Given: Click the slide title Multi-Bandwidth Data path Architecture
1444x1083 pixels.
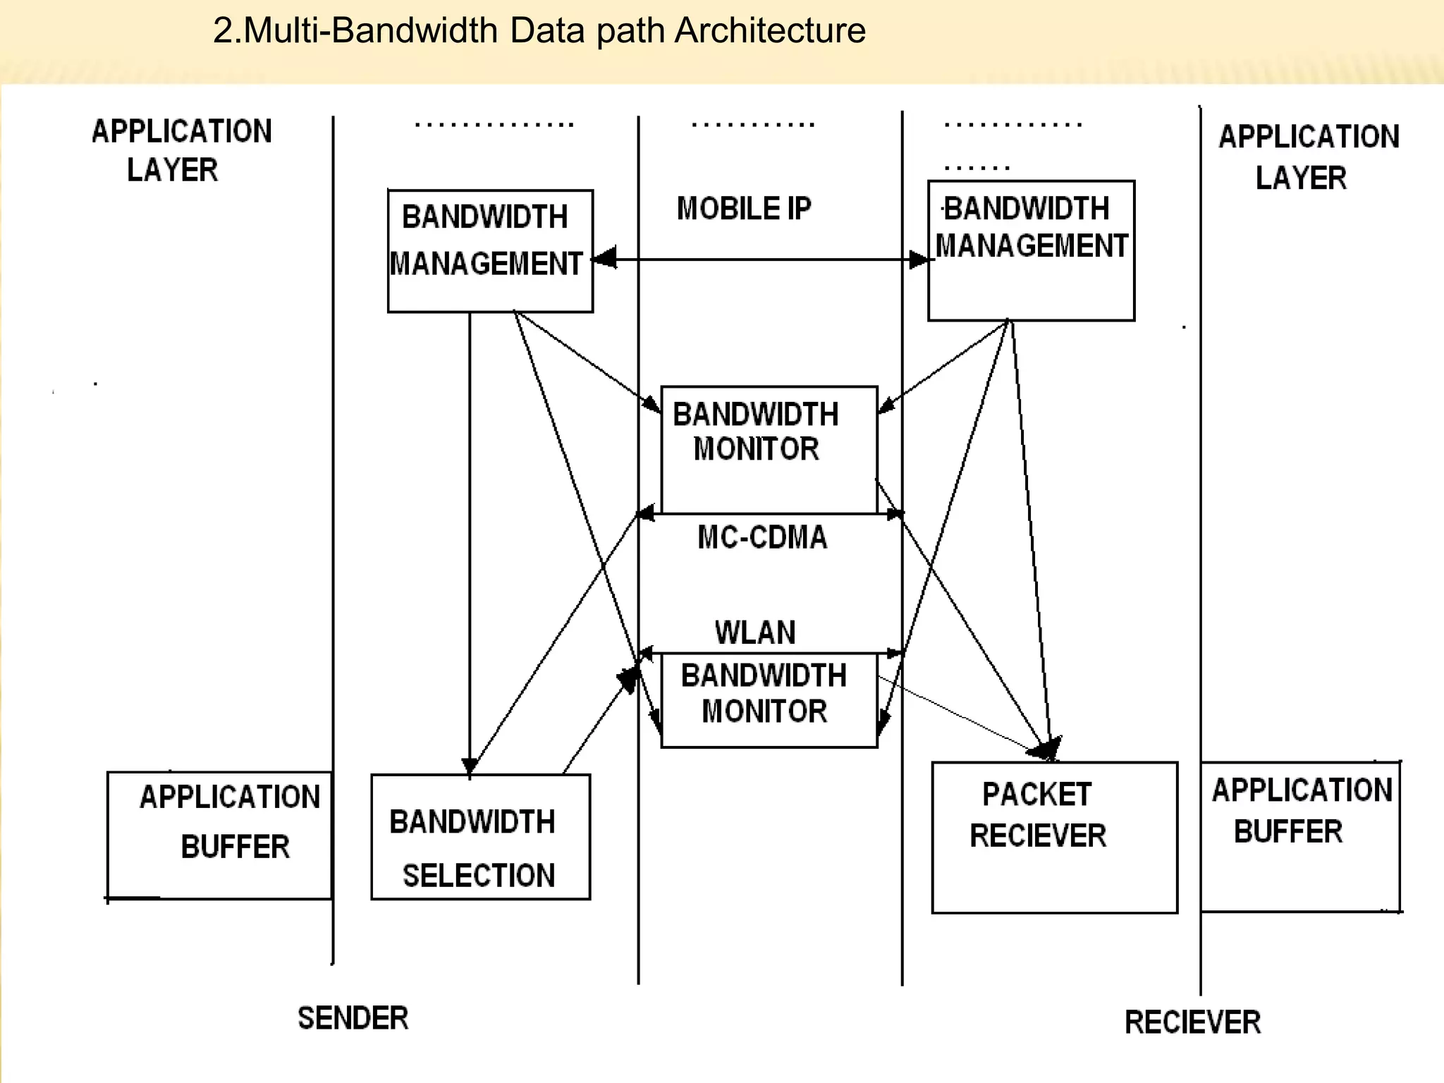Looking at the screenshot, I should click(539, 31).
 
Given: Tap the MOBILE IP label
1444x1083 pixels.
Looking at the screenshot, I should click(744, 209).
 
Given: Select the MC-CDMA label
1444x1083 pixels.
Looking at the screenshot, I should click(762, 538).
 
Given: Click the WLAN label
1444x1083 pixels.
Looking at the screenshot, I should click(755, 632).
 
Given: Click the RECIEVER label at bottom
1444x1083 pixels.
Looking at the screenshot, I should click(1192, 1022).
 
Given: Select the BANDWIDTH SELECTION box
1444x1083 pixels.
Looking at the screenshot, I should click(481, 838).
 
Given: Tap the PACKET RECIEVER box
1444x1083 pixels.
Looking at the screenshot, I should click(1054, 838).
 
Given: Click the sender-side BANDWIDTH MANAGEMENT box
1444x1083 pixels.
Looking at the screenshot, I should click(490, 251).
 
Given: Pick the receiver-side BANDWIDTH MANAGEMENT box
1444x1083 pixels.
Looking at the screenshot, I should click(1031, 251).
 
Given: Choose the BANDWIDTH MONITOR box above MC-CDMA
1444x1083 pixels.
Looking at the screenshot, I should click(769, 450).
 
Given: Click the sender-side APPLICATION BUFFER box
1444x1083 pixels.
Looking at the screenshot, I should click(219, 836).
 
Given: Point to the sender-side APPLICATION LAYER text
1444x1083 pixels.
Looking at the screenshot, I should click(180, 150).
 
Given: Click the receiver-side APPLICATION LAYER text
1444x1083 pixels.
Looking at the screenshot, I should click(1308, 157).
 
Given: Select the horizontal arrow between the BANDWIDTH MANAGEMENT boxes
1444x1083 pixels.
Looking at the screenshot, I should click(761, 259).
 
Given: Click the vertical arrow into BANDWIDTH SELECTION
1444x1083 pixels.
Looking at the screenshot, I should click(470, 543).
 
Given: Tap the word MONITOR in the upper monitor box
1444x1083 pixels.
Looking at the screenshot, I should click(756, 450).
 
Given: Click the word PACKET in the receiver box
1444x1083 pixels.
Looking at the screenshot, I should click(1036, 795).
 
